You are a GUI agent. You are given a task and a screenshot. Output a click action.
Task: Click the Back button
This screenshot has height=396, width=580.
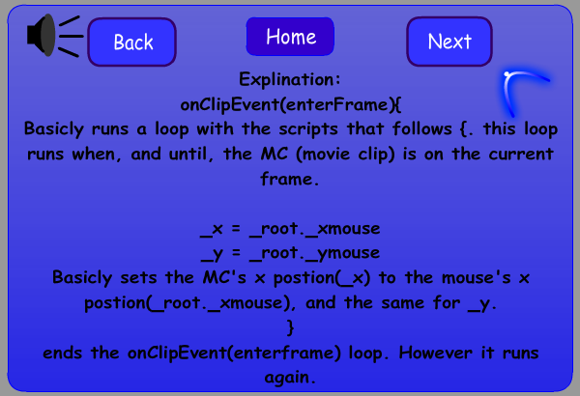pyautogui.click(x=132, y=42)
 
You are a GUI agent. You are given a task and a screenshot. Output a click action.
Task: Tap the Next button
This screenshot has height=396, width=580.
pyautogui.click(x=449, y=42)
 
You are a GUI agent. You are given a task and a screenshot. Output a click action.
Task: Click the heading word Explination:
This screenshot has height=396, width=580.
pyautogui.click(x=290, y=79)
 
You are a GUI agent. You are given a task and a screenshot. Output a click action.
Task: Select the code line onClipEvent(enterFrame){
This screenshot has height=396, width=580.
pyautogui.click(x=291, y=104)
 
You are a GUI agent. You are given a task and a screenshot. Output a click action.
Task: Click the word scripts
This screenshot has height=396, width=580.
pyautogui.click(x=308, y=129)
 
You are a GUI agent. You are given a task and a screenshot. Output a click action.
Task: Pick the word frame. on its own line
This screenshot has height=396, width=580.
pyautogui.click(x=289, y=179)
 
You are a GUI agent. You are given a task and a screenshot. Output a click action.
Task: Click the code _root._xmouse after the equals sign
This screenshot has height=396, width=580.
pyautogui.click(x=315, y=229)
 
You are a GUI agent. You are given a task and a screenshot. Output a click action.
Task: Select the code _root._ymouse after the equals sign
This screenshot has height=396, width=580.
pyautogui.click(x=315, y=254)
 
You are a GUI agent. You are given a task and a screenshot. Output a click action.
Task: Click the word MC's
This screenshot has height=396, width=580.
pyautogui.click(x=224, y=277)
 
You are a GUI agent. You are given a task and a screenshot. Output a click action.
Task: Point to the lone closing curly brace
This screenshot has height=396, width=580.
pyautogui.click(x=290, y=327)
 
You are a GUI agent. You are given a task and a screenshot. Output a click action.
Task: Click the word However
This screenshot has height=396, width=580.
pyautogui.click(x=435, y=353)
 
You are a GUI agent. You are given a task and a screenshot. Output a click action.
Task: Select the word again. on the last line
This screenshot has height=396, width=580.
pyautogui.click(x=290, y=378)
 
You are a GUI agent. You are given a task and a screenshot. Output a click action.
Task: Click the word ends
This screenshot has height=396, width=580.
pyautogui.click(x=62, y=353)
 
